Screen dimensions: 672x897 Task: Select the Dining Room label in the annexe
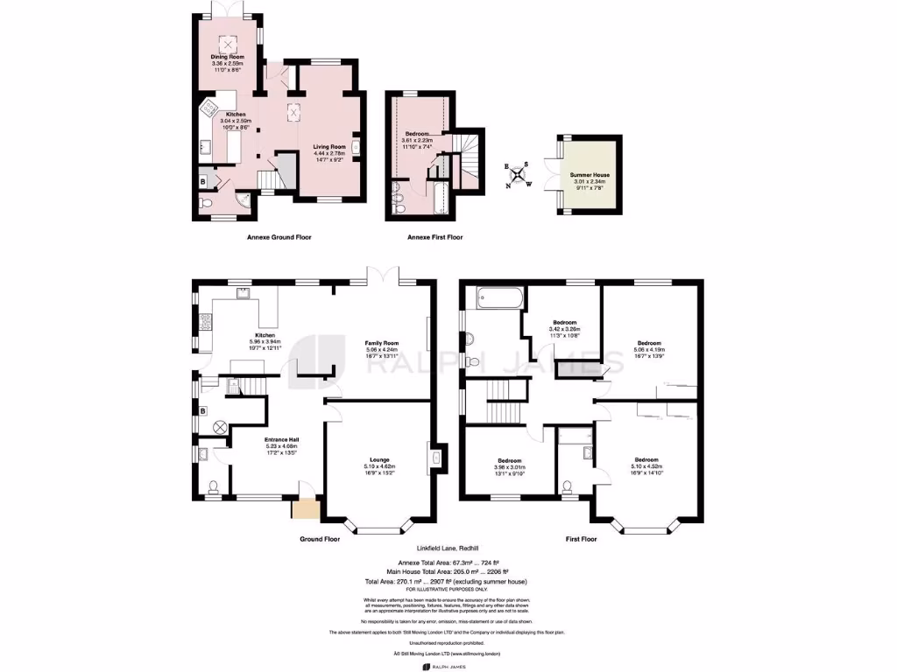(228, 57)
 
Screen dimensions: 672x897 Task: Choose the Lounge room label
(379, 459)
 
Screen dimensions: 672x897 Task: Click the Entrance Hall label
(283, 439)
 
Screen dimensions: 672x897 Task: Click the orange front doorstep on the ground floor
(307, 509)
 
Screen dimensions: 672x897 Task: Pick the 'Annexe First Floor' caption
(435, 237)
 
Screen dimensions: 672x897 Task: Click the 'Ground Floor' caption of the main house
(319, 540)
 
